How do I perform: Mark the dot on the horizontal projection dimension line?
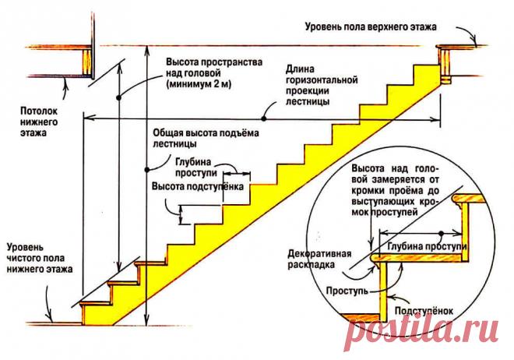pyautogui.click(x=265, y=118)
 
